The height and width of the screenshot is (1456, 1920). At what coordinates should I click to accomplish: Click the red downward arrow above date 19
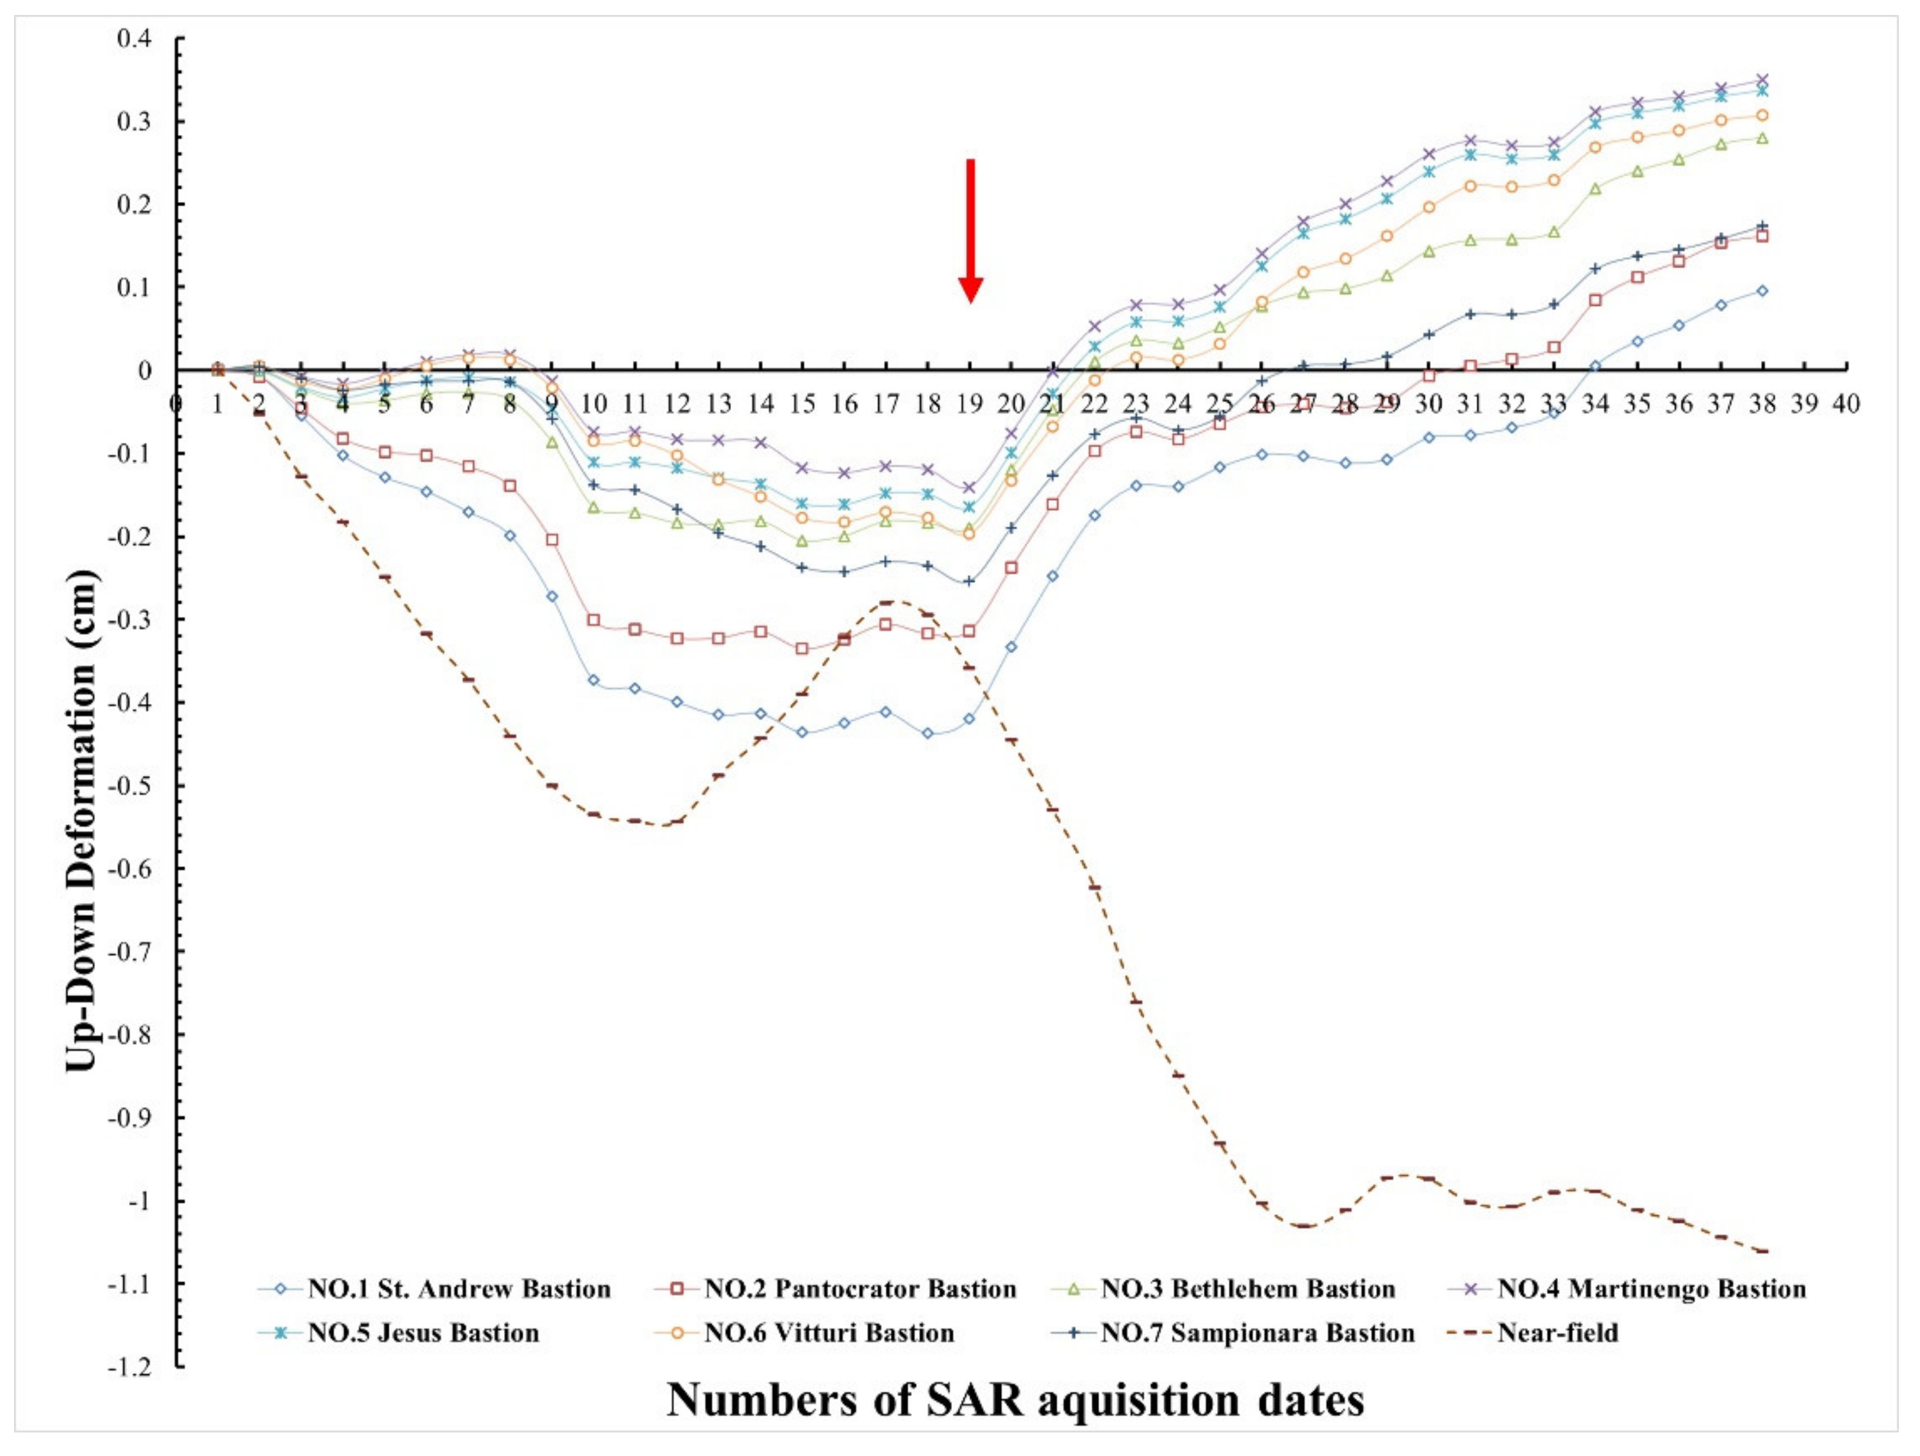pos(970,230)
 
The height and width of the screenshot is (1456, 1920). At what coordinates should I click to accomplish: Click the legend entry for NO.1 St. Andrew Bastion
pos(459,1289)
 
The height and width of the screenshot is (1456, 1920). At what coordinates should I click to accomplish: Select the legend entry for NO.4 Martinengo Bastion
pos(1651,1289)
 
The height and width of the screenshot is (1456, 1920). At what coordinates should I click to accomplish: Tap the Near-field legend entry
pos(1557,1333)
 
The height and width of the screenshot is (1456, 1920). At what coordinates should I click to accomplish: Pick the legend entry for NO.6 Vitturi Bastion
pos(828,1333)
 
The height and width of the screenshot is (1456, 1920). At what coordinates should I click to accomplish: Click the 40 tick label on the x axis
pos(1845,405)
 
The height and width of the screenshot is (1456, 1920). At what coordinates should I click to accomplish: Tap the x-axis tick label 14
pos(761,405)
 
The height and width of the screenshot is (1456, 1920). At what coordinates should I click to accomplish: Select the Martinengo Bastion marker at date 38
pos(1762,80)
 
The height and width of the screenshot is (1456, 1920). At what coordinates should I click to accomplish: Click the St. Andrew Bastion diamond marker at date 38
pos(1762,291)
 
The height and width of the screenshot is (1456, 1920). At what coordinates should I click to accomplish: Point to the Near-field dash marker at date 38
pos(1762,1251)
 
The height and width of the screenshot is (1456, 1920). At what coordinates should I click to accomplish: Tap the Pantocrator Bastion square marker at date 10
pos(594,620)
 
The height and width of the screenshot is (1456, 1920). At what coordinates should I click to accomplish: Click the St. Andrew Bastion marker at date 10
pos(594,680)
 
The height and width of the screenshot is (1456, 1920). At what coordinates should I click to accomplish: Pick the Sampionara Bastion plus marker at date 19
pos(970,581)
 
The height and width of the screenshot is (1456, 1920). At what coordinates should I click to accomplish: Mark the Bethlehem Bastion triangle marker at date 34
pos(1595,188)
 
